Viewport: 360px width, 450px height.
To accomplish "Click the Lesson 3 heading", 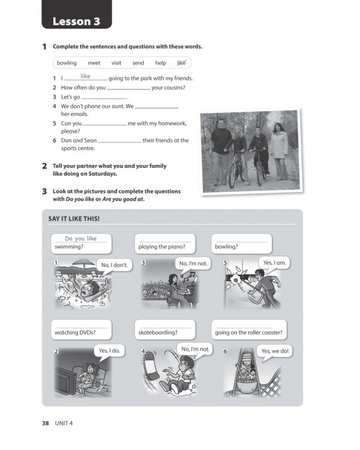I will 76,22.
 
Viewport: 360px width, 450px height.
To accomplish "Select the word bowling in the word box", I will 67,63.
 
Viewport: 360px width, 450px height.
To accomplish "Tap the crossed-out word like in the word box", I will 181,62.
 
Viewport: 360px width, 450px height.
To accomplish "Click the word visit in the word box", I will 116,63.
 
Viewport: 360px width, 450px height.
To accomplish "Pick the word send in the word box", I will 138,63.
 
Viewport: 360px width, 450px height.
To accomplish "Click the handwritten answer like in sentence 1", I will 85,76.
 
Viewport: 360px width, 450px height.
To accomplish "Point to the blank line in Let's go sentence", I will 103,98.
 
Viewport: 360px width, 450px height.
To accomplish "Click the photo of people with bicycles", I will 248,151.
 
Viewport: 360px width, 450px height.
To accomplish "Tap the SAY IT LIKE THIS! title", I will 74,218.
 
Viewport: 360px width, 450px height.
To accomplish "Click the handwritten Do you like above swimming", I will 80,238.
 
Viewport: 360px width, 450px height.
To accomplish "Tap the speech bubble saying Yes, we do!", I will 275,351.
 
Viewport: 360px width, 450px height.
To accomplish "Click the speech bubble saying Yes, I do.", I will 108,350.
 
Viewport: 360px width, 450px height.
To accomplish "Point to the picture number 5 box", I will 225,263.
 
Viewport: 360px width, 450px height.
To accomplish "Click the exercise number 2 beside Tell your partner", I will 44,166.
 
